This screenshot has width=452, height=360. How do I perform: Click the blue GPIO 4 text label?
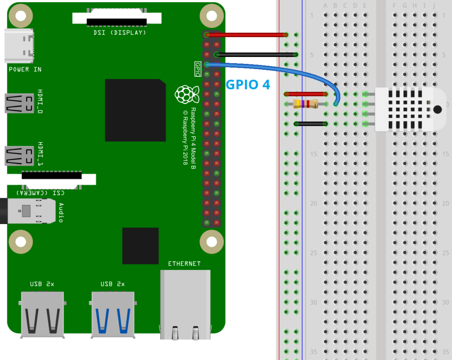[248, 84]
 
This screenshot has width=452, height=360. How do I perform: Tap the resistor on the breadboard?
[305, 104]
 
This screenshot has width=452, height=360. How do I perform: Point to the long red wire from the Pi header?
[247, 35]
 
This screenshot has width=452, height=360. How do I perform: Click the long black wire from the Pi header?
[256, 55]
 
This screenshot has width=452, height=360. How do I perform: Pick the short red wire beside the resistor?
[306, 94]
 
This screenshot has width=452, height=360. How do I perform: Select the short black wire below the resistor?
[310, 124]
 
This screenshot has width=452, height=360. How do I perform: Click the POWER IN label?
[25, 69]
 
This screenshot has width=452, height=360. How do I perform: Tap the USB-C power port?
[19, 46]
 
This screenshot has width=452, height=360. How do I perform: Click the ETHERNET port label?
[184, 263]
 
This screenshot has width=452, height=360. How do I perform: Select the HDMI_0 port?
[19, 103]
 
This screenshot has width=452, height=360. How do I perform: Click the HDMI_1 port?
[19, 156]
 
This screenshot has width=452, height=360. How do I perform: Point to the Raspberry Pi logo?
[185, 94]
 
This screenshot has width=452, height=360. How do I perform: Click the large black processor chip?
[135, 110]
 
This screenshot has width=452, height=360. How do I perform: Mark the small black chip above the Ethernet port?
[140, 246]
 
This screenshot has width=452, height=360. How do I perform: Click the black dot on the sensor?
[437, 109]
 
